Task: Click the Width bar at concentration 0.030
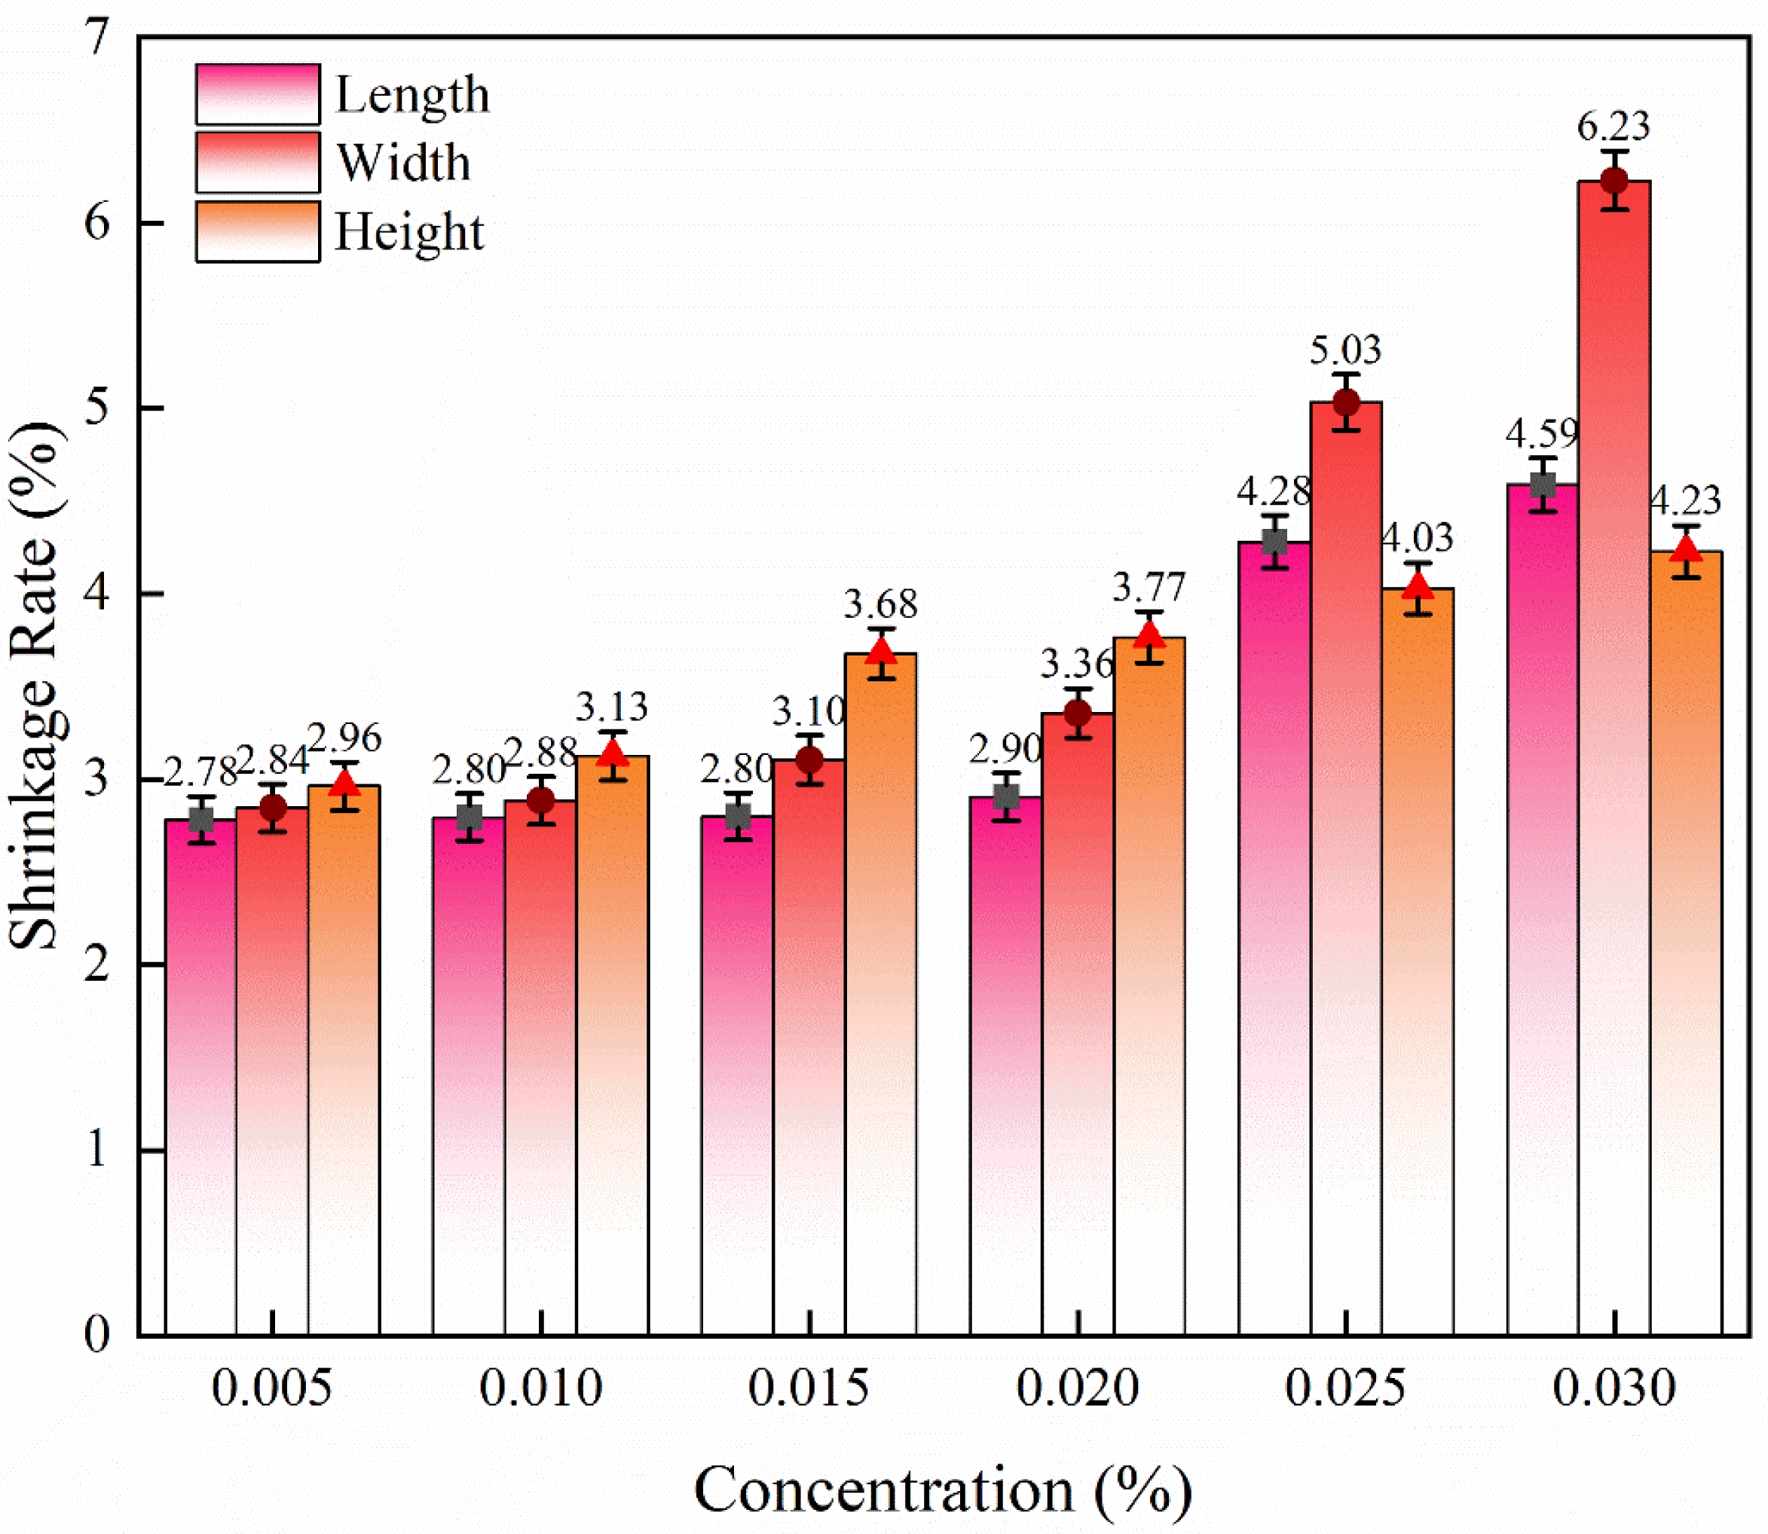1614,771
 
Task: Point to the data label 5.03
1345,350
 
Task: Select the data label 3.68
880,604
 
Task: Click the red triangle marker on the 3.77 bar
1150,636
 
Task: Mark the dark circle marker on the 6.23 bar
1614,181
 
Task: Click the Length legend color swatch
258,94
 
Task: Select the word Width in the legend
403,163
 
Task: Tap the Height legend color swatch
258,231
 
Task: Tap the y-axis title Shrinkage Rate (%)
36,685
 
